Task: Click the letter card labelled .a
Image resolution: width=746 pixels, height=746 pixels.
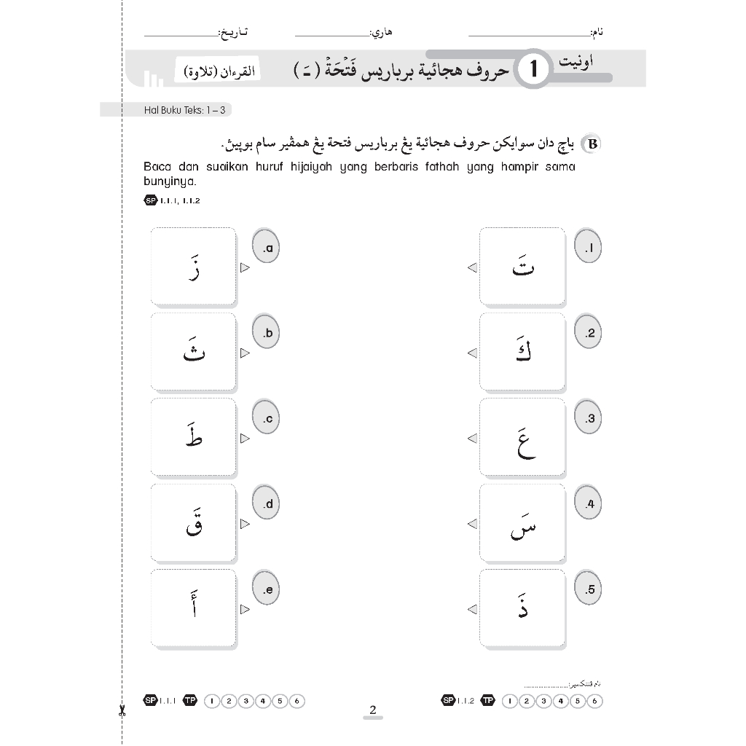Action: [194, 267]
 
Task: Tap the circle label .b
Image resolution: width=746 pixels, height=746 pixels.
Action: [266, 334]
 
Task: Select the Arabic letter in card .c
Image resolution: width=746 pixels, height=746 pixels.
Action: [193, 436]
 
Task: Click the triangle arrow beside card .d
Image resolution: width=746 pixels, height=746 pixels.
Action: [246, 524]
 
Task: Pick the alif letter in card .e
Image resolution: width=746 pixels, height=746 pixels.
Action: [194, 608]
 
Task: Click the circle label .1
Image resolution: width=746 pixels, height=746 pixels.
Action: [588, 248]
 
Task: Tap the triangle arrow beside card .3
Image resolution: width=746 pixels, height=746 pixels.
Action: [472, 438]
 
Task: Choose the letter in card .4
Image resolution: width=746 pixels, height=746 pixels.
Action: [522, 524]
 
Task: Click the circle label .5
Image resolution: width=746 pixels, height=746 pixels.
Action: [588, 589]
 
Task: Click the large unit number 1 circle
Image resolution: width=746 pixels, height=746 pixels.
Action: [534, 70]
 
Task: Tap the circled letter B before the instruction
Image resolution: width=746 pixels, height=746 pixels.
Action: [593, 144]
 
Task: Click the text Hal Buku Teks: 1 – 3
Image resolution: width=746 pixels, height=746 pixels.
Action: [177, 110]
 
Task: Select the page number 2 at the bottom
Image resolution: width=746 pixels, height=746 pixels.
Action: [372, 710]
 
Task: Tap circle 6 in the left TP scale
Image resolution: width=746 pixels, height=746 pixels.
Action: [296, 702]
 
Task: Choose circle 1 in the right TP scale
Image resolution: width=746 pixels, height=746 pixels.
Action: [507, 702]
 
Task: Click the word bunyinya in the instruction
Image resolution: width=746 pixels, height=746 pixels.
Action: [166, 183]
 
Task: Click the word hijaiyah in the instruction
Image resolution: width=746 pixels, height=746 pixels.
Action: [307, 167]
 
